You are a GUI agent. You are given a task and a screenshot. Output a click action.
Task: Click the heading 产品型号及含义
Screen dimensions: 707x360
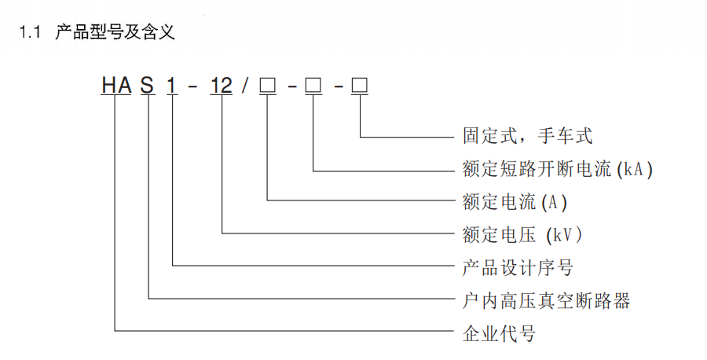coord(115,32)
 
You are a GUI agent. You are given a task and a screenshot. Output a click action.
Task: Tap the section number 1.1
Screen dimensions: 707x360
coord(29,32)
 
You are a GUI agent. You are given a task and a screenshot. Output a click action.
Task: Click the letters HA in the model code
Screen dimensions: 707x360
coord(116,85)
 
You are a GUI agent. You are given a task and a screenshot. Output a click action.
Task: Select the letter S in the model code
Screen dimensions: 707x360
coord(148,85)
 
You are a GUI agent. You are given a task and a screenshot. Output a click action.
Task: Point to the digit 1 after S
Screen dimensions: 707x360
coord(172,85)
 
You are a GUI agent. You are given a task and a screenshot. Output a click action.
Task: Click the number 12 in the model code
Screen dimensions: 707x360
coord(222,85)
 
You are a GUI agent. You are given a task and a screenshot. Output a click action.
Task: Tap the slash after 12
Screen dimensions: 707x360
coord(244,85)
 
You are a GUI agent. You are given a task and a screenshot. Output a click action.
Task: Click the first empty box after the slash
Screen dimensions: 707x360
coord(267,85)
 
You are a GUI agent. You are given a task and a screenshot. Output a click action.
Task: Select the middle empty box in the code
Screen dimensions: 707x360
coord(313,85)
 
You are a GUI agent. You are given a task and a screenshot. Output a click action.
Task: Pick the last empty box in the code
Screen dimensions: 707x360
coord(360,85)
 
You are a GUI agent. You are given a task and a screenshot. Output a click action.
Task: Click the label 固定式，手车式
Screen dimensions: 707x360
coord(527,136)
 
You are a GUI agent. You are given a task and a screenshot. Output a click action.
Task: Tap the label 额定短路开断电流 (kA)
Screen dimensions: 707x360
coord(557,169)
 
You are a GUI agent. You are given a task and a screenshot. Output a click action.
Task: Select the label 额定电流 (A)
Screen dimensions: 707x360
coord(515,202)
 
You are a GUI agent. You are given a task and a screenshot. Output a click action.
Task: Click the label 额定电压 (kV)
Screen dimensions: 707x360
coord(522,235)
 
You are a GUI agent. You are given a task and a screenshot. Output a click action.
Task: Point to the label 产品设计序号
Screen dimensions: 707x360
coord(518,268)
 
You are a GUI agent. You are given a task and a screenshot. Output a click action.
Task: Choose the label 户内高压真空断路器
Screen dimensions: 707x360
coord(546,301)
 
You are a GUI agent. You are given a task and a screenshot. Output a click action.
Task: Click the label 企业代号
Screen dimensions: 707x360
coord(499,334)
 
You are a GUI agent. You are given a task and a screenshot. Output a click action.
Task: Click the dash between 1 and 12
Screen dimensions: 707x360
coord(192,86)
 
